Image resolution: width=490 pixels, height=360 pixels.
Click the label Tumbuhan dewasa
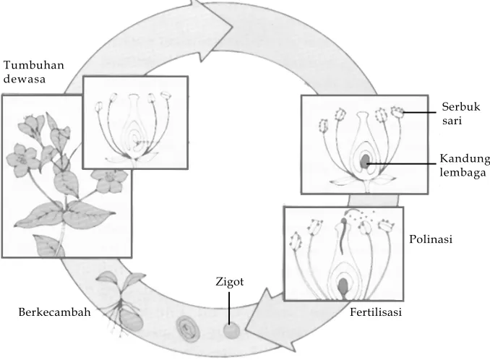34,72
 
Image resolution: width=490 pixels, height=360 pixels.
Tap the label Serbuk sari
461,113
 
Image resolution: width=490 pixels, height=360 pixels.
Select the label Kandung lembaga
465,166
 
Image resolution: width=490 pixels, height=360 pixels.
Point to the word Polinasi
431,239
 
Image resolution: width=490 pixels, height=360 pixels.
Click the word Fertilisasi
376,312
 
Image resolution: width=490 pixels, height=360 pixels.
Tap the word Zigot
230,282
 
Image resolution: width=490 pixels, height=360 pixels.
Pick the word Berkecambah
55,312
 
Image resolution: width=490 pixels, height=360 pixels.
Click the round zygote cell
231,331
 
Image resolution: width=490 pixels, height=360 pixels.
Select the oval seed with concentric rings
187,328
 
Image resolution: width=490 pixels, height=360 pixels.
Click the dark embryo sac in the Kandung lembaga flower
364,160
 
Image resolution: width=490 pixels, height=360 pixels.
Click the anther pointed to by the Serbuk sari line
397,112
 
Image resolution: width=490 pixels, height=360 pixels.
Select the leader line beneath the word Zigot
229,308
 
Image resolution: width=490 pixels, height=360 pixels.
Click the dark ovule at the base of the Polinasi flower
343,286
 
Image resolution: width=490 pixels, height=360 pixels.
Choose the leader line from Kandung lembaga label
402,163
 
